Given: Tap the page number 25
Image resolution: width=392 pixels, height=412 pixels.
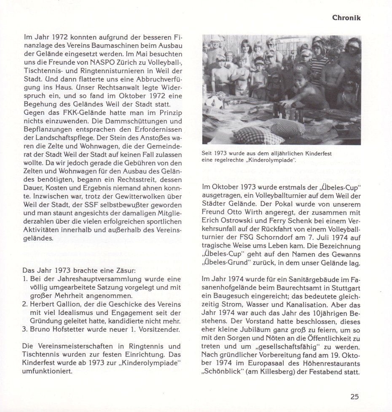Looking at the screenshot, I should click(x=354, y=396).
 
